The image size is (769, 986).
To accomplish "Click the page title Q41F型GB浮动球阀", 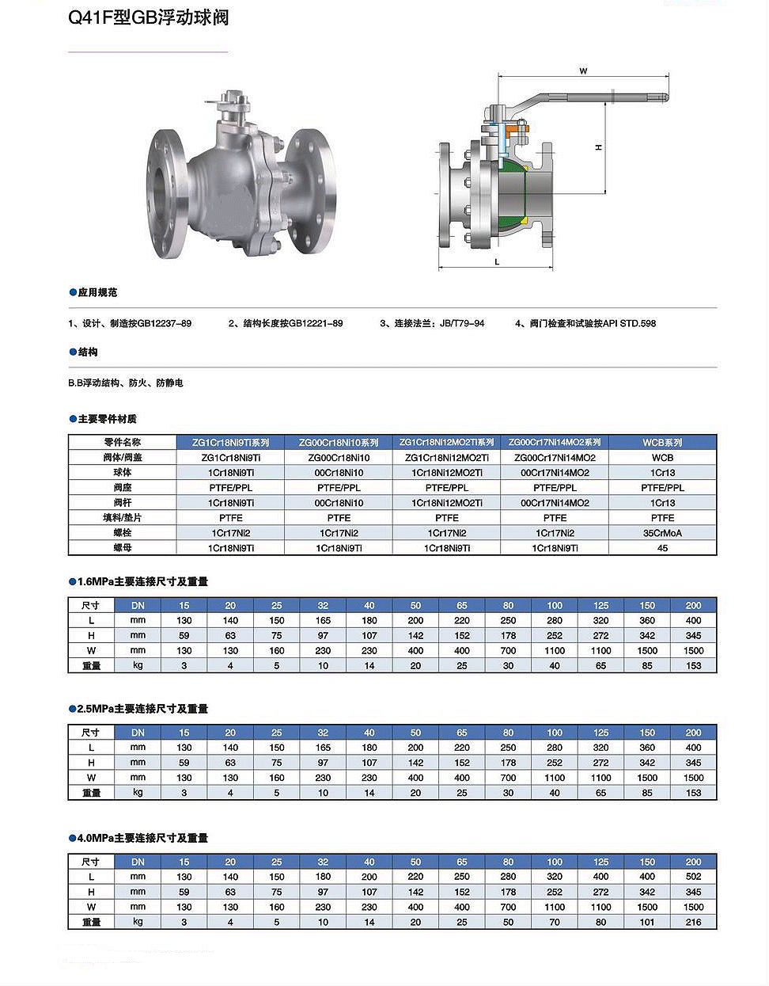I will (x=149, y=17).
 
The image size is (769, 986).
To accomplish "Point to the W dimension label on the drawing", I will (x=583, y=71).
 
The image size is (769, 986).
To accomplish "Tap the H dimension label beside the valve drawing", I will (x=599, y=147).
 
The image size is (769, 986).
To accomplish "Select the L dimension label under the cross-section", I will (x=497, y=261).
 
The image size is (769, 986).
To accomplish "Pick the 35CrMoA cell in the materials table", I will (x=662, y=533).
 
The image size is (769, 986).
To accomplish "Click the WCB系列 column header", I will (x=662, y=443).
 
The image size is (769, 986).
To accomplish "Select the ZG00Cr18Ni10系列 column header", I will (x=339, y=443).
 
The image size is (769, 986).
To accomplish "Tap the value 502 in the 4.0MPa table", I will (x=693, y=877).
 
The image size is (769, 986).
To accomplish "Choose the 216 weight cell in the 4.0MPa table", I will (x=693, y=922).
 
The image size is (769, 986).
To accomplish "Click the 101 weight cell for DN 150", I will (x=647, y=922).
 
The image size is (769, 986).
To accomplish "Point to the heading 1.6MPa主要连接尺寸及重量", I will (x=142, y=581).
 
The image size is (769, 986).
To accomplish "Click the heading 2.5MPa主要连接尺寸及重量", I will (x=142, y=709).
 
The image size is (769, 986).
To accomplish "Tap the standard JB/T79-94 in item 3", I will (x=462, y=323).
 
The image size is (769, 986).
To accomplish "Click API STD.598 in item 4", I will (x=630, y=323).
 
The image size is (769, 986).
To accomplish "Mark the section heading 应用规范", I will (x=97, y=292).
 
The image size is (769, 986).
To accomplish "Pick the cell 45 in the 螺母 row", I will (x=662, y=548).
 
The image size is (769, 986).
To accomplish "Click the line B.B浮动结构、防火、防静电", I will (x=126, y=383).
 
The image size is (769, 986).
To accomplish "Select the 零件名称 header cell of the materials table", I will (x=122, y=443).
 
